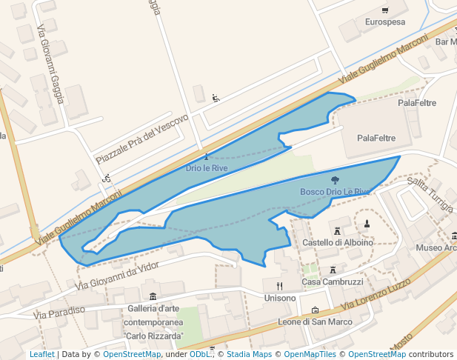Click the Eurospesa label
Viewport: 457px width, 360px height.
click(x=385, y=22)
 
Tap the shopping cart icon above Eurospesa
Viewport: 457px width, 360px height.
click(x=385, y=10)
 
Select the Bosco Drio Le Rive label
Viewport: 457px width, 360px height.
click(x=335, y=192)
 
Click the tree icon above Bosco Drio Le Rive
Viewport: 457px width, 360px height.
click(x=335, y=180)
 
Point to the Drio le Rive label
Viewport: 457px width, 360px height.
click(x=206, y=168)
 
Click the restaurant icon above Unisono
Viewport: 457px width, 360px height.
click(x=279, y=285)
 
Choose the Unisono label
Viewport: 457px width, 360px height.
click(x=279, y=298)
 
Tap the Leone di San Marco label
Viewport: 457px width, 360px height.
click(x=315, y=321)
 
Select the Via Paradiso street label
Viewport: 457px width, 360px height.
click(x=59, y=311)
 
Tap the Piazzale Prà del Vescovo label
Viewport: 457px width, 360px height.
click(x=142, y=139)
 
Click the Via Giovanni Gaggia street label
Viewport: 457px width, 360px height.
click(x=51, y=64)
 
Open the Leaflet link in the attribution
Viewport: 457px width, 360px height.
click(x=41, y=355)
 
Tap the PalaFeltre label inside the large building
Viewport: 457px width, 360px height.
click(x=376, y=138)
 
